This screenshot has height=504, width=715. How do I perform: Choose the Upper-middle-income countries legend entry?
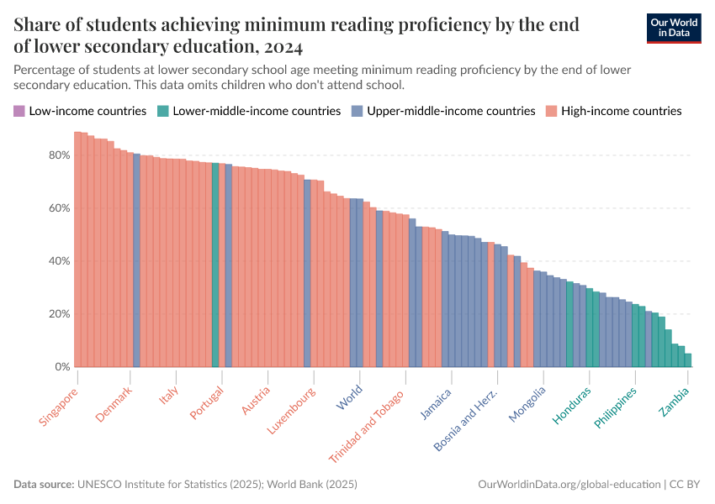tap(443, 111)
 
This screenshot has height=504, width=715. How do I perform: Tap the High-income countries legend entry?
tap(613, 111)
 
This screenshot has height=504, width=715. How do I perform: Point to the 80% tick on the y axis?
tap(59, 155)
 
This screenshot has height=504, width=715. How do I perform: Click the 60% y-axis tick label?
tap(59, 208)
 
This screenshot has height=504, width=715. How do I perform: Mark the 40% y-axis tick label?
tap(59, 261)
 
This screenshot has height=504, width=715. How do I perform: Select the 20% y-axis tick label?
tap(59, 314)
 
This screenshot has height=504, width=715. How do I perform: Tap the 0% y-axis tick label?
tap(62, 367)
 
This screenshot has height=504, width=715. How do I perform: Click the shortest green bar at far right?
tap(688, 360)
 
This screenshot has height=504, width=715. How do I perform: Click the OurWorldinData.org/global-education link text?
tap(568, 485)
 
